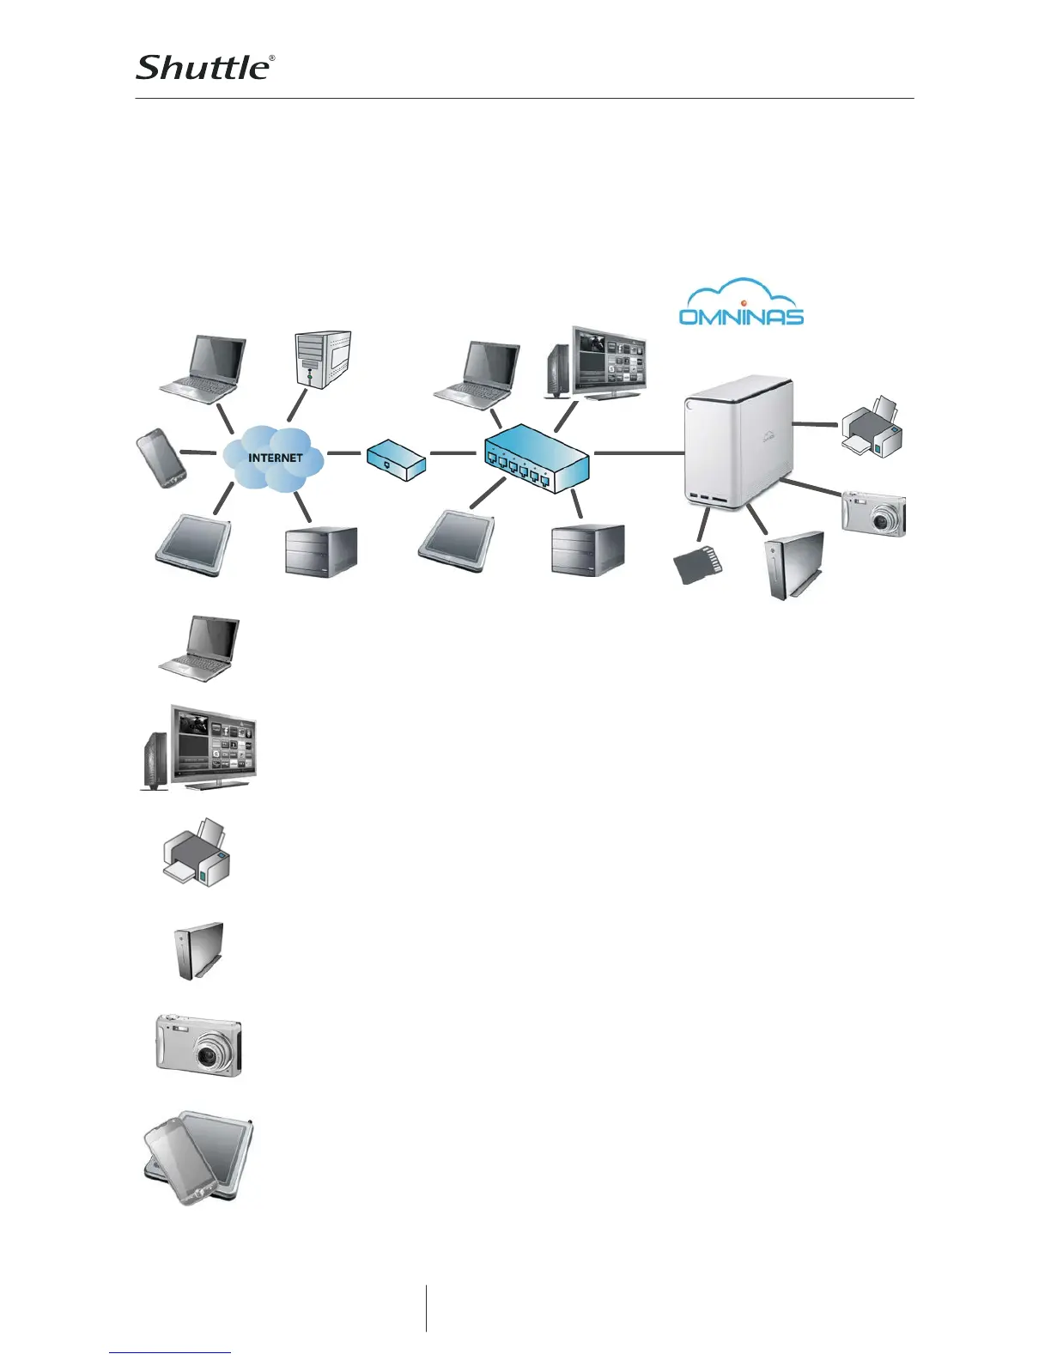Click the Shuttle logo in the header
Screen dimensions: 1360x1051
(205, 67)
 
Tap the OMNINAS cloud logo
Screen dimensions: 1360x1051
(741, 304)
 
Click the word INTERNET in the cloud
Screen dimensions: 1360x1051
(275, 458)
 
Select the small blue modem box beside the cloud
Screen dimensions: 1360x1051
(396, 458)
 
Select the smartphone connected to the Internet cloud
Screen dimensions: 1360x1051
(161, 458)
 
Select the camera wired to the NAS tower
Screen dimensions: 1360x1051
(873, 514)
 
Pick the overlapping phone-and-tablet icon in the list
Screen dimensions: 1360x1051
(198, 1161)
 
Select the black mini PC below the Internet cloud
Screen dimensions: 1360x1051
(320, 551)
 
